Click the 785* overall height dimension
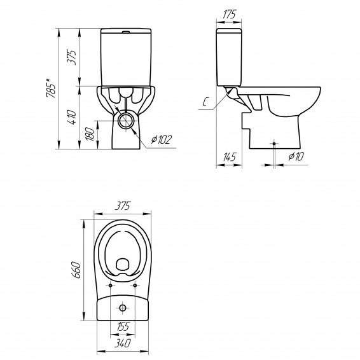51,88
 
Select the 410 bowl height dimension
73,117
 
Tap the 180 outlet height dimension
90,134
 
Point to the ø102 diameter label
162,139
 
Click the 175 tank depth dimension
229,15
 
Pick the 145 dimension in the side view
230,157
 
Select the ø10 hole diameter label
296,156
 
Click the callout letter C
205,102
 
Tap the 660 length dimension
76,270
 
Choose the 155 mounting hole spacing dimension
123,326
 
